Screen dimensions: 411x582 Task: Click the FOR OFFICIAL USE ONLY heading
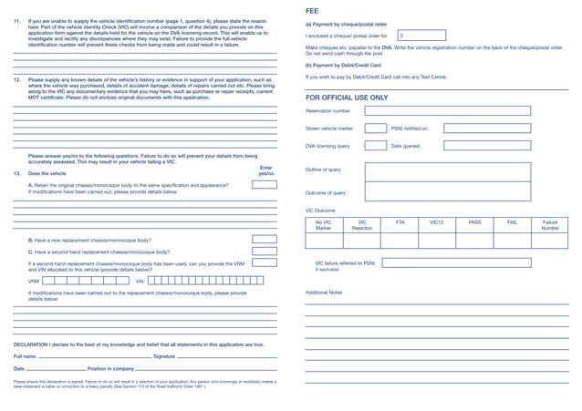(346, 97)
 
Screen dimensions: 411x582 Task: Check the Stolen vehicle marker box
(375, 128)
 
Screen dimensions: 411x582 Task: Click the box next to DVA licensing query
(375, 146)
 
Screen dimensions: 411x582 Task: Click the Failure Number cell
(549, 225)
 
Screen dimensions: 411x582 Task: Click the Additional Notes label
(324, 293)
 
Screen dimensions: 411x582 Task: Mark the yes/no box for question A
(265, 185)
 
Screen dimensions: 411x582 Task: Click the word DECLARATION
(31, 344)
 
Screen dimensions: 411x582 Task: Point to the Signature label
(158, 356)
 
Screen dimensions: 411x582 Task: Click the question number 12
(16, 80)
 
